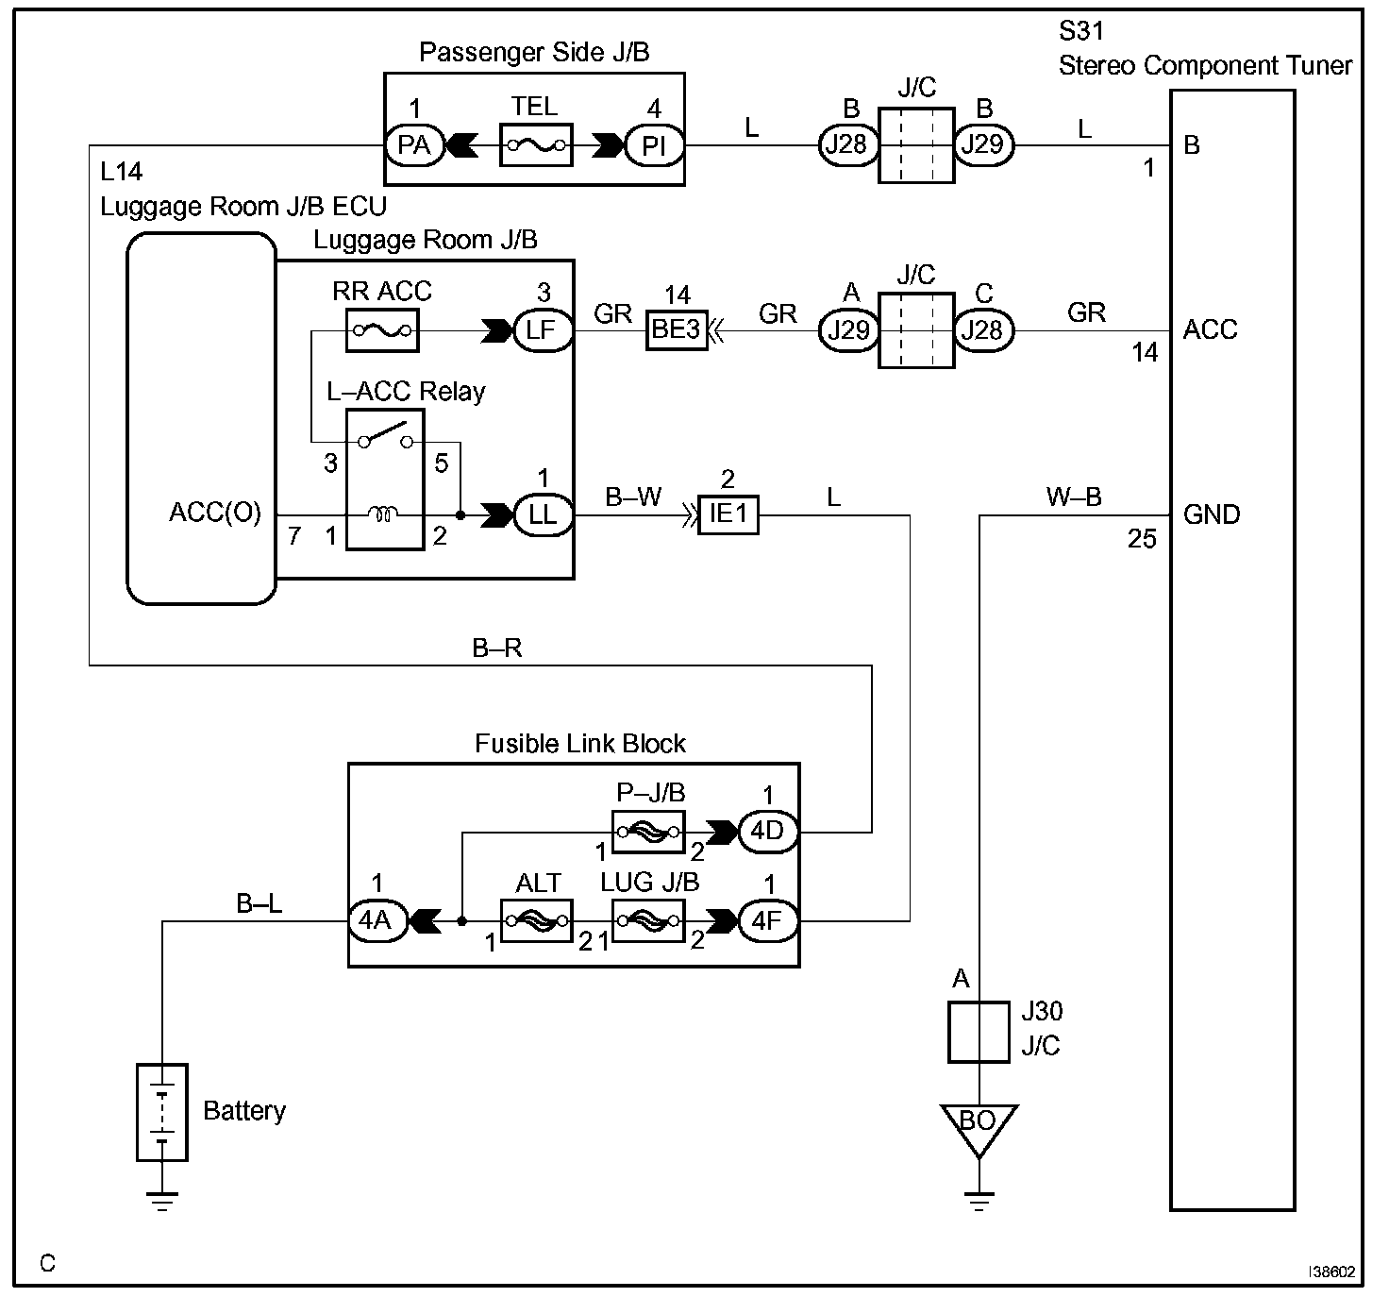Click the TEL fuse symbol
coord(536,144)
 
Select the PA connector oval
coord(414,145)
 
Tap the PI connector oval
coord(654,145)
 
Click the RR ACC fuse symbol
coord(382,330)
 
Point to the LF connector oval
coord(543,330)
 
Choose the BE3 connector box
coord(677,330)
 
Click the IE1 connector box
coord(728,515)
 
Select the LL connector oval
coord(543,515)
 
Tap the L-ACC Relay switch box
coord(385,480)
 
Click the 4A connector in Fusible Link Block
coord(377,919)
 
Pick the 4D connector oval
coord(767,832)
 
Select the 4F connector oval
coord(767,919)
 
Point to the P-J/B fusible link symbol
coord(649,832)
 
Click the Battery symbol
coord(162,1112)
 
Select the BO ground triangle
coord(979,1125)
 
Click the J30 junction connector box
coord(979,1031)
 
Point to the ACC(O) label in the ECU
coord(215,513)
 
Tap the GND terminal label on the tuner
coord(1211,515)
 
